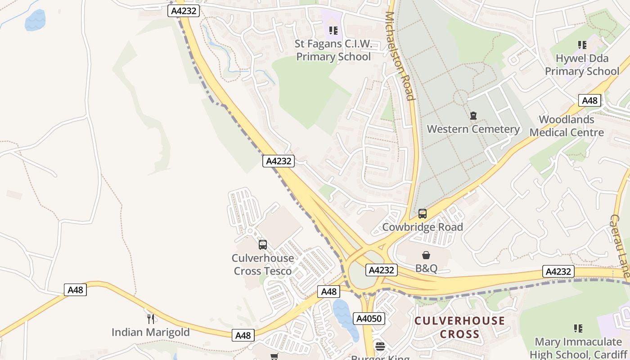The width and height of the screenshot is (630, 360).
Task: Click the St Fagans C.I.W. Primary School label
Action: coord(333,50)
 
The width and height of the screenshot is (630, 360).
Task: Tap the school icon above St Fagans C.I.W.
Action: coord(333,31)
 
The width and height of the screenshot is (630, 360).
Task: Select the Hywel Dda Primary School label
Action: coord(582,65)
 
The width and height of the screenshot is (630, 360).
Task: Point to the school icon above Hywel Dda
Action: coord(582,45)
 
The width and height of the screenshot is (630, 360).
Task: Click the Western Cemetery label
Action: coord(473,129)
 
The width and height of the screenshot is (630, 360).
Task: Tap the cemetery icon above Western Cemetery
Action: coord(473,116)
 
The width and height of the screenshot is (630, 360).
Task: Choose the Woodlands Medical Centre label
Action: coord(567,126)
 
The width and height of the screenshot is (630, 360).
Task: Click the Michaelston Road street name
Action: coord(399,56)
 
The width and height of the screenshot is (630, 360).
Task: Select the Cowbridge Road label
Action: coord(423,227)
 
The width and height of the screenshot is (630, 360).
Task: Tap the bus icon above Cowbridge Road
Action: coord(423,214)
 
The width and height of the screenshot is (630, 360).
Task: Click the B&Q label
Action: coord(426,269)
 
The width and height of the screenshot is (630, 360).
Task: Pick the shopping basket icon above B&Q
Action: coord(426,256)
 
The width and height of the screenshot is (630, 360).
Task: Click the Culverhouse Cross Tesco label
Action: coord(263,265)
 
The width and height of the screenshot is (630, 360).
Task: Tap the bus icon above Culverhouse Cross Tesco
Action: coord(263,245)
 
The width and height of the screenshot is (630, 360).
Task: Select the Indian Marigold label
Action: coord(151,333)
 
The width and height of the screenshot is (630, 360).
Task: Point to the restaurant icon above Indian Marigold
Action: coord(151,319)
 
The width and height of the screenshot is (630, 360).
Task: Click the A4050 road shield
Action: coord(369,319)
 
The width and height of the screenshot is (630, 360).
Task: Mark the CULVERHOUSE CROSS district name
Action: coord(459,328)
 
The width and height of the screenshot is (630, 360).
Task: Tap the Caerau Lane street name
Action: coord(620,245)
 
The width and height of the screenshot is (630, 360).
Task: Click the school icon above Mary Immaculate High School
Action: coord(578,328)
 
